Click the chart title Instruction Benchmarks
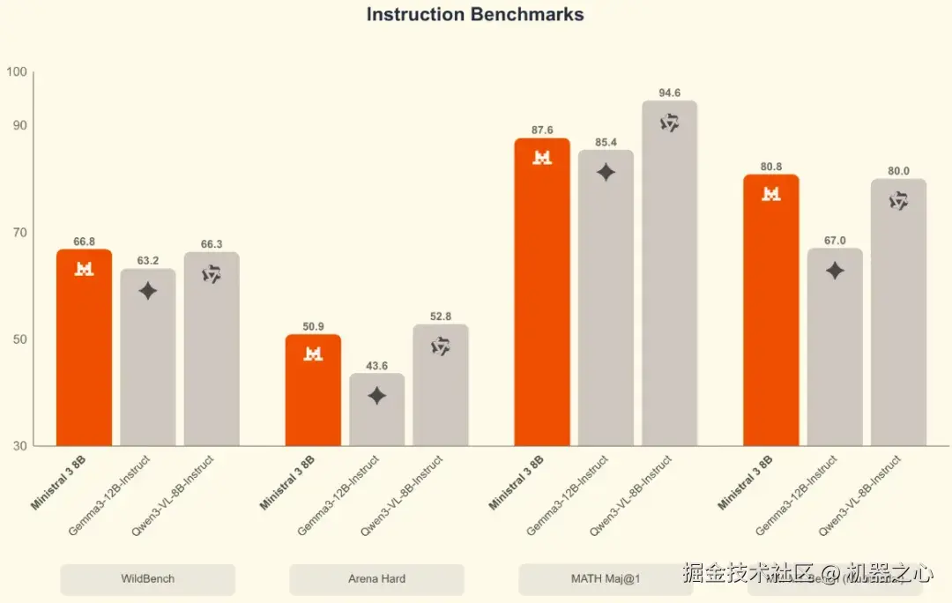point(475,15)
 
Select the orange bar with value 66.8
point(84,353)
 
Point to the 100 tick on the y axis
point(18,72)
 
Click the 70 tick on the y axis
point(20,233)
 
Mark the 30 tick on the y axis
point(20,446)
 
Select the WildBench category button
point(147,579)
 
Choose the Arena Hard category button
point(376,579)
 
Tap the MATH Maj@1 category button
point(606,579)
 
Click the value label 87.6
point(542,130)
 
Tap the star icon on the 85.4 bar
point(606,173)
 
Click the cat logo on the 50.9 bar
point(313,354)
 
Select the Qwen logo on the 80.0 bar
point(898,201)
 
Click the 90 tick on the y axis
point(20,125)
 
